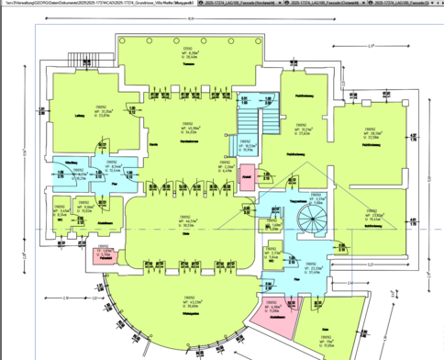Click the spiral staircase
pos(309,220)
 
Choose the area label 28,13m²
pos(372,133)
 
